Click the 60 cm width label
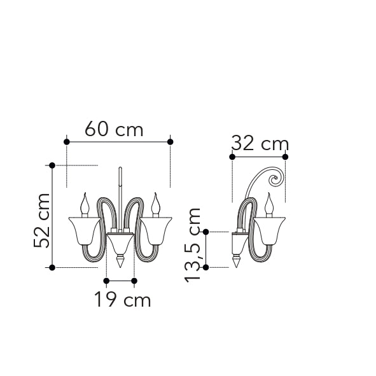[114, 129]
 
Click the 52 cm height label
[41, 220]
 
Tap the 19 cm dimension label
[123, 299]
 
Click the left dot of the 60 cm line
[67, 142]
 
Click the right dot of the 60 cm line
[171, 142]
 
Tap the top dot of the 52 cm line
[52, 165]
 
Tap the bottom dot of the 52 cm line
[52, 267]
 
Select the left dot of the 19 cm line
[106, 281]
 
